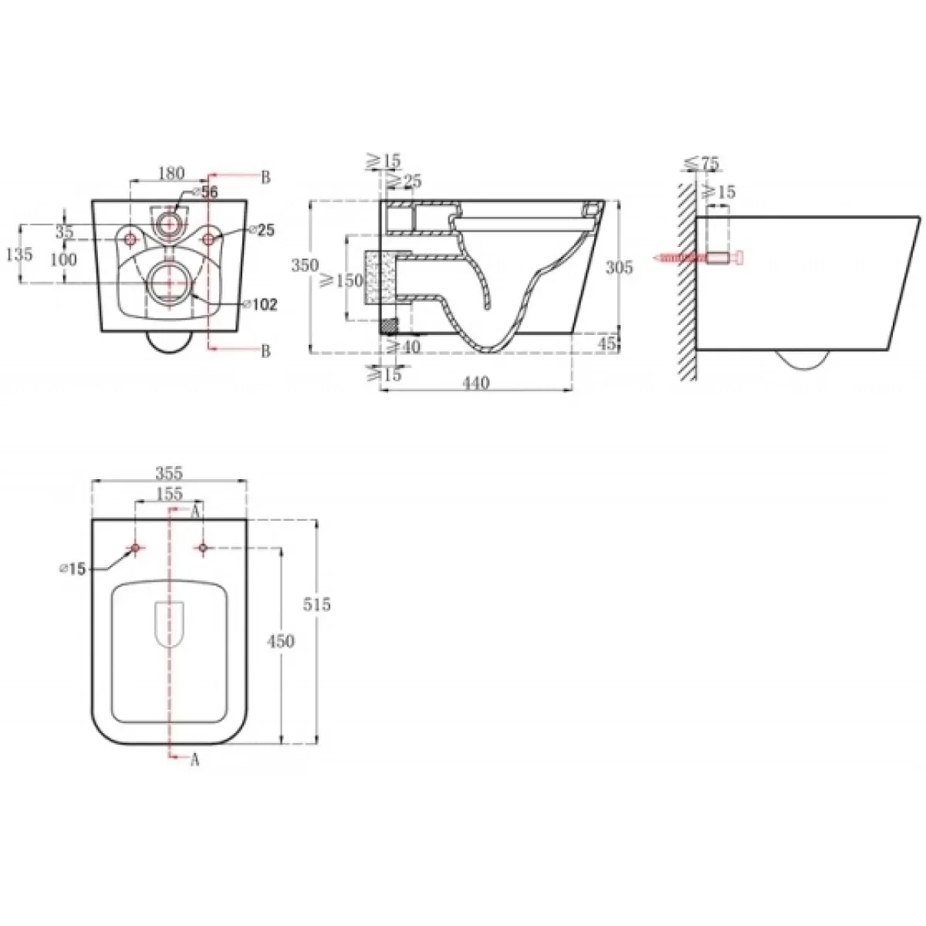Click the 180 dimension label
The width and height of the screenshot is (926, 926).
point(171,173)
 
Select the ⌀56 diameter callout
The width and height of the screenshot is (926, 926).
point(204,192)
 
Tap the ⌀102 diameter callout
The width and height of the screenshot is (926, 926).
point(261,304)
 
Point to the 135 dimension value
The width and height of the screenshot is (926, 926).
point(19,254)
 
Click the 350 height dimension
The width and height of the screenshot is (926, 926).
point(305,265)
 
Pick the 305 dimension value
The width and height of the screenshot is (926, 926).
point(619,267)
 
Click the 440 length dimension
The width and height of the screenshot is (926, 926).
point(476,383)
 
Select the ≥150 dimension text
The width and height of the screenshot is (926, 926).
point(341,280)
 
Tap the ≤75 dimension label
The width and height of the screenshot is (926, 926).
point(702,164)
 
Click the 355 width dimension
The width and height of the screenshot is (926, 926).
point(170,473)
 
